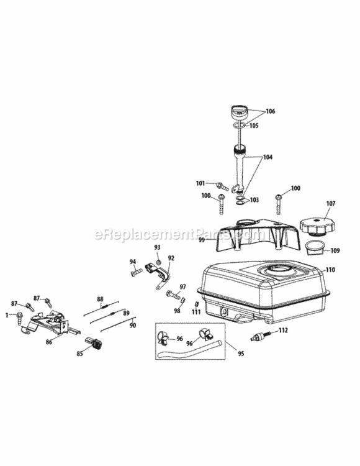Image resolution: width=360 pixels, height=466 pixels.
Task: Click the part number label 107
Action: [x=331, y=204]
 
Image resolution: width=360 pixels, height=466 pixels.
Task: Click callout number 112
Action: [x=284, y=330]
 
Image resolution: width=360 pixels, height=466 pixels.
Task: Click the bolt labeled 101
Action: [x=222, y=186]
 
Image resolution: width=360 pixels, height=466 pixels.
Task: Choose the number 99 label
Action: [x=202, y=240]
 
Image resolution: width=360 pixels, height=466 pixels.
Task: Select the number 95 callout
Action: [x=241, y=354]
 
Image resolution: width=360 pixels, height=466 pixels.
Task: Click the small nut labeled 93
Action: [x=158, y=262]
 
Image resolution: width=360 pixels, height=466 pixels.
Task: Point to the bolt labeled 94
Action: [x=137, y=272]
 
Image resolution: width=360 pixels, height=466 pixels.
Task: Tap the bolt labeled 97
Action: [x=173, y=295]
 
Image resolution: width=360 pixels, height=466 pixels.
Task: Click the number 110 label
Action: [x=330, y=270]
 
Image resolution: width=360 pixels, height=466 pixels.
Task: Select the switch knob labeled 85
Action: [x=94, y=343]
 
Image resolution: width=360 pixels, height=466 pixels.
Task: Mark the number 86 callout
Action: [x=49, y=342]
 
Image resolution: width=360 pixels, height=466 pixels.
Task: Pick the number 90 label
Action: [x=133, y=326]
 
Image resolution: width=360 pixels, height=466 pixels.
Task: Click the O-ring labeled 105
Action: [x=239, y=126]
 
